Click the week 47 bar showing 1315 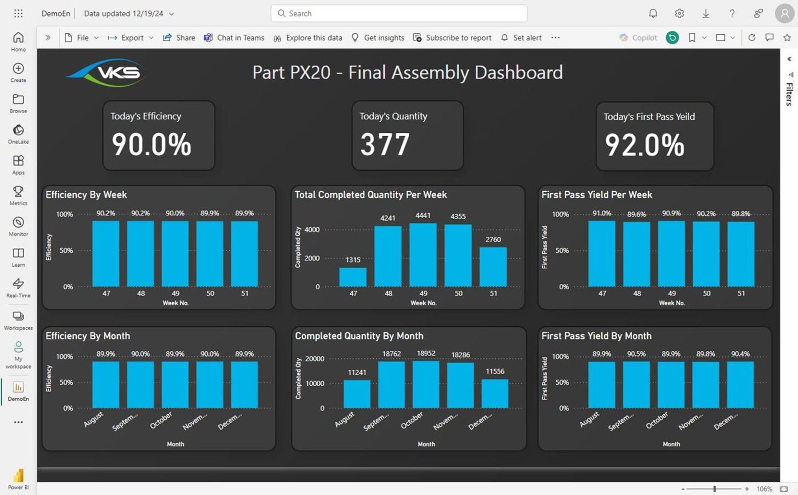353,277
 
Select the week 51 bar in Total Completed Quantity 493,267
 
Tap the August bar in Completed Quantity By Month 357,394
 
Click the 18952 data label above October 426,353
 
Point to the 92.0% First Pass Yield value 645,145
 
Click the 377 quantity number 384,145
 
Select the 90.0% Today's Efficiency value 151,145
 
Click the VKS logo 106,72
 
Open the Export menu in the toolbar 131,38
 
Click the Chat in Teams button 234,38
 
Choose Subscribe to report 452,38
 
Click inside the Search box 399,13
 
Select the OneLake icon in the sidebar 18,130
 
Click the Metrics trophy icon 18,191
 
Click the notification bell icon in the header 653,13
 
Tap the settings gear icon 679,13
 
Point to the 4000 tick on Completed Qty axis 312,230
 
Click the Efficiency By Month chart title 88,336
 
